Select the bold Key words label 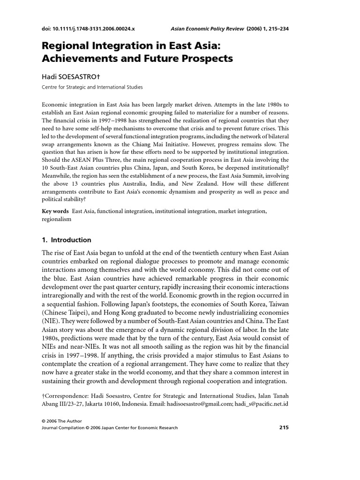[x=55, y=211]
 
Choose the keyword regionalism [x=57, y=219]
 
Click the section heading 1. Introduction [x=67, y=240]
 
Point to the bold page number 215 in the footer [x=284, y=427]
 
